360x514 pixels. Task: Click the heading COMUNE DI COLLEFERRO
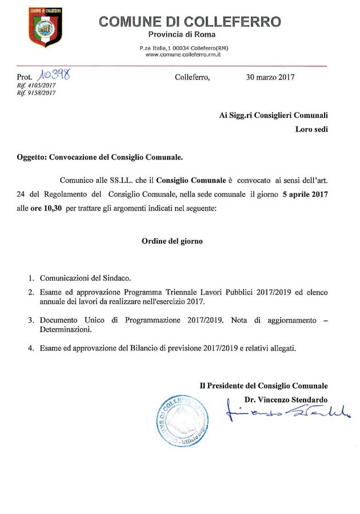point(190,22)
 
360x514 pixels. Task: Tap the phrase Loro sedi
point(311,129)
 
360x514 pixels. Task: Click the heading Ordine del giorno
point(172,241)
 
